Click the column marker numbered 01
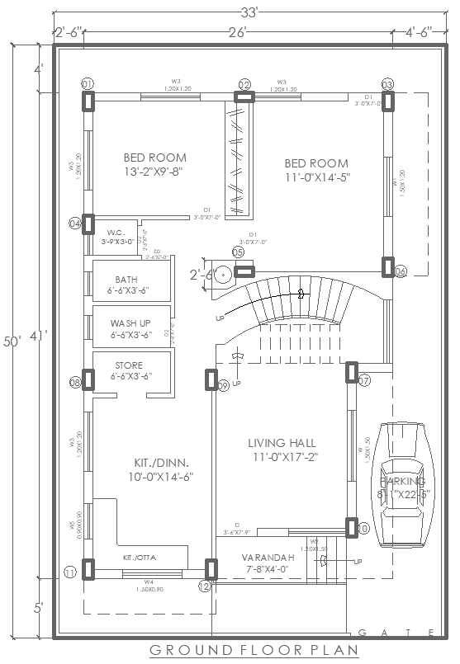click(88, 84)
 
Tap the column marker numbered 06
click(401, 271)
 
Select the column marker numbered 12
click(205, 586)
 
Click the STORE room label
click(129, 365)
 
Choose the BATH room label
click(127, 280)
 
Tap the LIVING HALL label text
click(282, 443)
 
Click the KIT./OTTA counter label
click(140, 558)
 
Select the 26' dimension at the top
click(236, 33)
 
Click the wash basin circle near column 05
click(221, 272)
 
